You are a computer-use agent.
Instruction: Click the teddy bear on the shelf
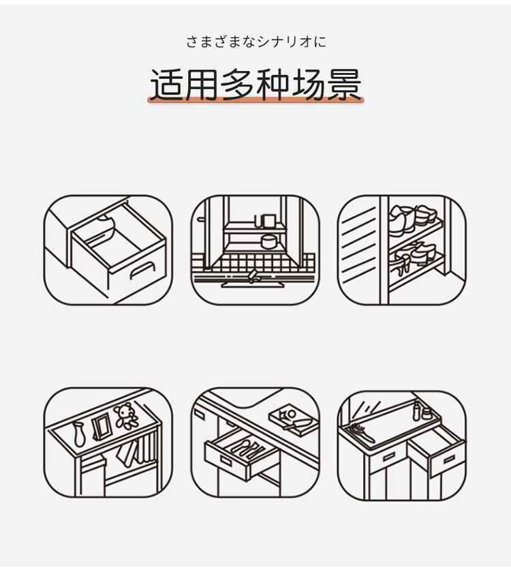(126, 416)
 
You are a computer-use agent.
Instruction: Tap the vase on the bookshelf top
(79, 434)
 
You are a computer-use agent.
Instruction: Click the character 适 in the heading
(167, 85)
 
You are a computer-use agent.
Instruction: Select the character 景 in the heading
(344, 85)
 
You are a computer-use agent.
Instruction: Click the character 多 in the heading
(238, 85)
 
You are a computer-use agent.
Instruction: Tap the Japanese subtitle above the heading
(255, 42)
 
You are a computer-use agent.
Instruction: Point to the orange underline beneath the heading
(255, 102)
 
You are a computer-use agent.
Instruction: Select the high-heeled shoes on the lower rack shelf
(416, 254)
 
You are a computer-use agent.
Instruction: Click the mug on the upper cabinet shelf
(268, 220)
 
